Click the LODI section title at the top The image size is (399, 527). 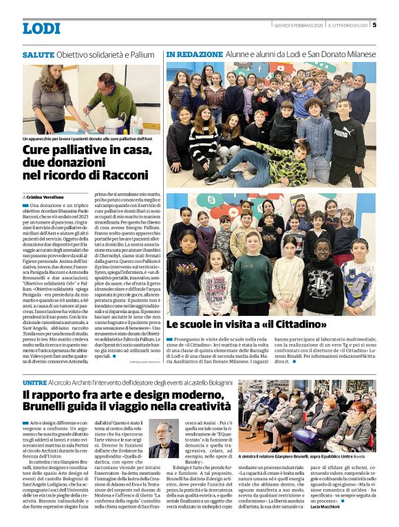pyautogui.click(x=41, y=28)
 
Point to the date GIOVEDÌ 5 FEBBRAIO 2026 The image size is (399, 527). pyautogui.click(x=298, y=25)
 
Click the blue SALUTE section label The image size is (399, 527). pyautogui.click(x=38, y=54)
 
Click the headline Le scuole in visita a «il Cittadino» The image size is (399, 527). pyautogui.click(x=246, y=324)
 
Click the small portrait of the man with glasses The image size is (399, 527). pyautogui.click(x=163, y=440)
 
